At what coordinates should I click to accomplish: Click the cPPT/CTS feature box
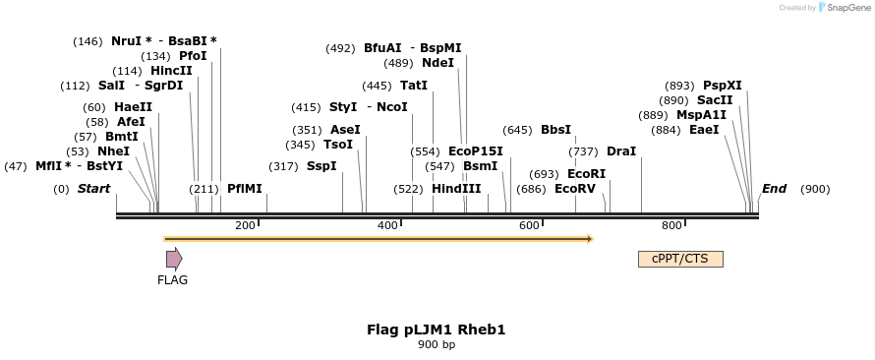(x=680, y=259)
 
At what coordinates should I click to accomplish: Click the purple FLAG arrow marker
(x=174, y=259)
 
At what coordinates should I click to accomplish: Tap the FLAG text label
(x=172, y=279)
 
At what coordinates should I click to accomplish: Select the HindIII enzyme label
(x=456, y=188)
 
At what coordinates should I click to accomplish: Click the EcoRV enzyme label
(x=575, y=188)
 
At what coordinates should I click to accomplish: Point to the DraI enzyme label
(x=621, y=150)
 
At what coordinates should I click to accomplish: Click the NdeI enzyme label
(x=437, y=63)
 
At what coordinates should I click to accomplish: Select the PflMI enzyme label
(x=245, y=188)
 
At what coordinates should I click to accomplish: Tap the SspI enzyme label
(x=321, y=166)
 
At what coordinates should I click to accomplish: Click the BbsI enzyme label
(x=555, y=129)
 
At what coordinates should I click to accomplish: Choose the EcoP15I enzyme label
(x=475, y=150)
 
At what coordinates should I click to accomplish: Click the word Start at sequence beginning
(x=94, y=188)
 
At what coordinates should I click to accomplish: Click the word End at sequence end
(x=774, y=188)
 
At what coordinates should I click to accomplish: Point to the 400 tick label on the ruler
(x=387, y=225)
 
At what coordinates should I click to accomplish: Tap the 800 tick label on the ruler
(x=671, y=225)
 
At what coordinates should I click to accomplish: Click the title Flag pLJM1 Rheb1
(x=436, y=330)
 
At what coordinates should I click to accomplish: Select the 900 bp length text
(x=436, y=344)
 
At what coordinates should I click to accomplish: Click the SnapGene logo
(x=844, y=8)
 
